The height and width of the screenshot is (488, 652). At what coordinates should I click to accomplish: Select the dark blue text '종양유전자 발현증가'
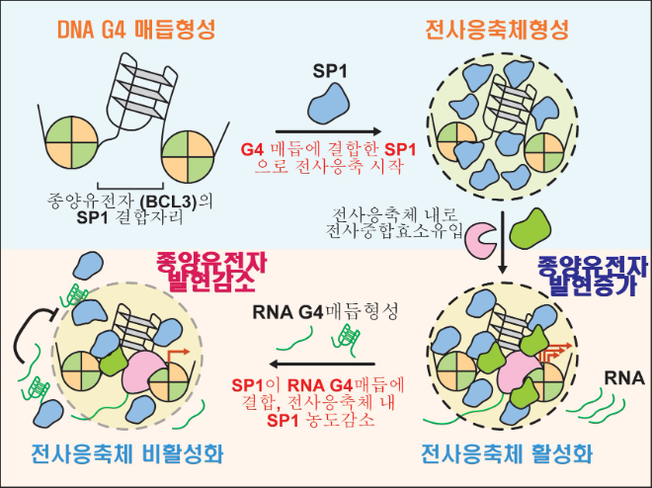click(x=590, y=279)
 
